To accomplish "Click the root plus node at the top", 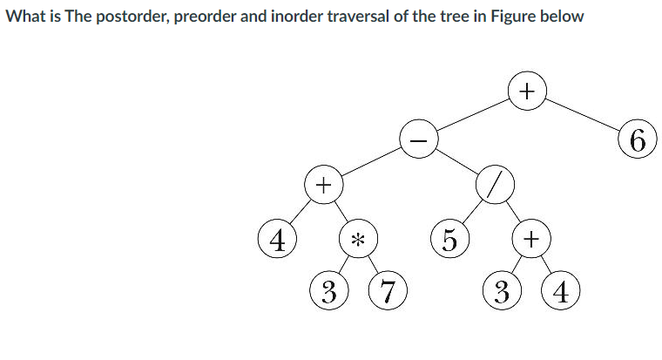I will tap(526, 91).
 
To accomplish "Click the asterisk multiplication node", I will tap(358, 238).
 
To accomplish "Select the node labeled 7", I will tap(387, 290).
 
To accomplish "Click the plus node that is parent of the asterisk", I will tap(323, 186).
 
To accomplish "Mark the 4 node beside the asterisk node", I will tap(278, 238).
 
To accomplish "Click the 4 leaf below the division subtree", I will tap(561, 290).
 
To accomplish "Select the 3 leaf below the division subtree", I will tap(501, 290).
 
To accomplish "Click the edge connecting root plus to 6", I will tap(582, 115).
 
